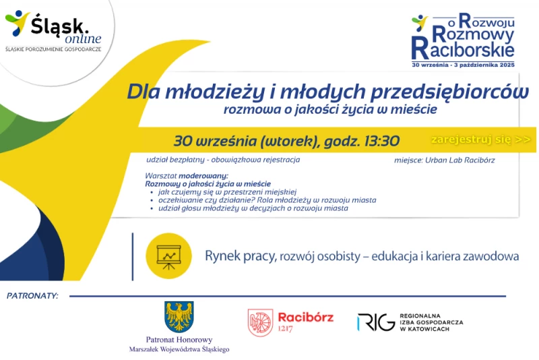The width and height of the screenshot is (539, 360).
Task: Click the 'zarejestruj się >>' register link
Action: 481,140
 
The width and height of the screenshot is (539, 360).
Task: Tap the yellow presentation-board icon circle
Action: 168,256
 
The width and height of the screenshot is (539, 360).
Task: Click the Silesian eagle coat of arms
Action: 179,317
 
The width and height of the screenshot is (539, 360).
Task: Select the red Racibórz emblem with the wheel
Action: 260,322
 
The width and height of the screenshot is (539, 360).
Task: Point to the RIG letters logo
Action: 376,322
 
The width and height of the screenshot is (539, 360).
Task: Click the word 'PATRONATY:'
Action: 32,296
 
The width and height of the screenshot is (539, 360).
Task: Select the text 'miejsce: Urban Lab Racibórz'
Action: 445,160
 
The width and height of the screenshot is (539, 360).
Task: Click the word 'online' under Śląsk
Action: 83,38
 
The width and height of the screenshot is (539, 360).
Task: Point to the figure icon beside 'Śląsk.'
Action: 17,23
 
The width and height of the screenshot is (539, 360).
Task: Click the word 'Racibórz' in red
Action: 306,317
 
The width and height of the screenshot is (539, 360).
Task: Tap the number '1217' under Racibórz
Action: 285,329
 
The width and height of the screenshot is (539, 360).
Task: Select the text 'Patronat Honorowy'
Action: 179,340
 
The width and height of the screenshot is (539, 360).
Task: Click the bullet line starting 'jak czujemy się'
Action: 227,192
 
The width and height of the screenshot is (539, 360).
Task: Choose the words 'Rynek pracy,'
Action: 241,256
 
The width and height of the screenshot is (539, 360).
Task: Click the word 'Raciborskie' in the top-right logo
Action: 463,50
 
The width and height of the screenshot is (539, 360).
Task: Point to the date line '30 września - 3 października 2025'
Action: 463,65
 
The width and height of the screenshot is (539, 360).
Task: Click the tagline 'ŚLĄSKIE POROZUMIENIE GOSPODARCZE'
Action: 53,49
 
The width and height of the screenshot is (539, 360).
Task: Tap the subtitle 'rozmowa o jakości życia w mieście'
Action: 330,109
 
